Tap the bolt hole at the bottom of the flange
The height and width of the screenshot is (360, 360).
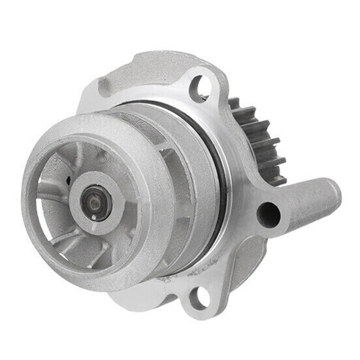[198, 298]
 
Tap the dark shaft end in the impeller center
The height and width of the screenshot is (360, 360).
[95, 203]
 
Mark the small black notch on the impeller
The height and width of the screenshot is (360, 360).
[68, 181]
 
